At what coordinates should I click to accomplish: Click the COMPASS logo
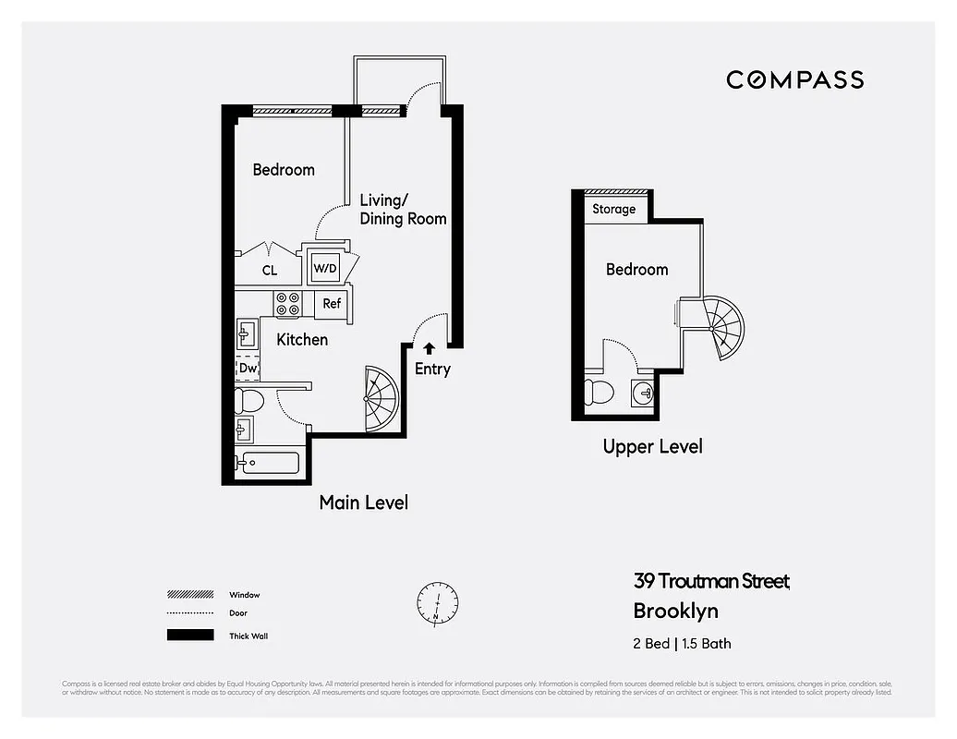pyautogui.click(x=794, y=79)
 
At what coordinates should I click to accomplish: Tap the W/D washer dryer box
pyautogui.click(x=324, y=268)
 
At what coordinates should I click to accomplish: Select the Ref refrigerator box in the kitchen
pyautogui.click(x=332, y=304)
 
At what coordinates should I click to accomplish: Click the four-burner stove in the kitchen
pyautogui.click(x=287, y=304)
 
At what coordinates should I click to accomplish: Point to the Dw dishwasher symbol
pyautogui.click(x=247, y=368)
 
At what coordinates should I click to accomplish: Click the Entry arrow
pyautogui.click(x=429, y=348)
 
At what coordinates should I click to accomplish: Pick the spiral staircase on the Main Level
pyautogui.click(x=380, y=399)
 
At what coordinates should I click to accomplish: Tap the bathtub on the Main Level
pyautogui.click(x=268, y=463)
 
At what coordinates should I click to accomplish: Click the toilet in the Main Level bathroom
pyautogui.click(x=249, y=402)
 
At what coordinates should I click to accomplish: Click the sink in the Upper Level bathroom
pyautogui.click(x=645, y=393)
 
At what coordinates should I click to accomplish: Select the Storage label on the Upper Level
pyautogui.click(x=613, y=209)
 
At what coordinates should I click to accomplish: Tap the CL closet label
pyautogui.click(x=269, y=271)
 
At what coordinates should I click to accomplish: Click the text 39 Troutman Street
pyautogui.click(x=711, y=581)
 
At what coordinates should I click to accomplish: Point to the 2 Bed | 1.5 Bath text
pyautogui.click(x=682, y=643)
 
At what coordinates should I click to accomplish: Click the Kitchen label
pyautogui.click(x=302, y=340)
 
